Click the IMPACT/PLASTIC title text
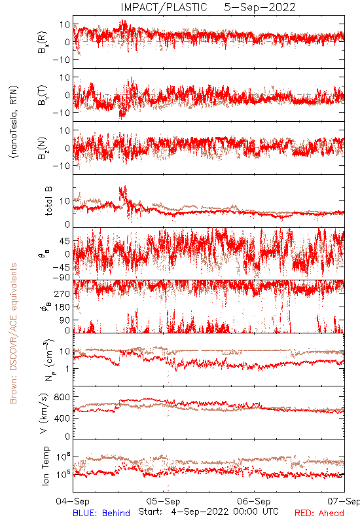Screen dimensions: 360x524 164,7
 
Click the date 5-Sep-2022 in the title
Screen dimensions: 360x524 260,7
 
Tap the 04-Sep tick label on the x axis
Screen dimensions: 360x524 73,501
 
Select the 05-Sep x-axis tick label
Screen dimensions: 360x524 163,501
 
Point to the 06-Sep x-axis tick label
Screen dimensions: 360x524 254,501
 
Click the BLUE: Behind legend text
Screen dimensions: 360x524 101,513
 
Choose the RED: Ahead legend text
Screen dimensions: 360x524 319,513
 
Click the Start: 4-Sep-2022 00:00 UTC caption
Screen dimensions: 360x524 208,512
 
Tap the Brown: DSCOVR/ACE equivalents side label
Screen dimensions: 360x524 13,333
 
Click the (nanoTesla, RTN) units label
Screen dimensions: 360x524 14,121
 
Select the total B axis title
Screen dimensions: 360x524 48,201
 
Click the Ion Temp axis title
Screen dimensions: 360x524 45,466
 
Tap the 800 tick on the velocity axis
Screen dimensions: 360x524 62,397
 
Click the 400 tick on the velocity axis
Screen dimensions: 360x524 62,418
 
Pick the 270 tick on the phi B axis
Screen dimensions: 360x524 62,293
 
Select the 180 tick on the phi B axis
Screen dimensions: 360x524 62,307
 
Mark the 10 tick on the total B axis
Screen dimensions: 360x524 65,201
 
